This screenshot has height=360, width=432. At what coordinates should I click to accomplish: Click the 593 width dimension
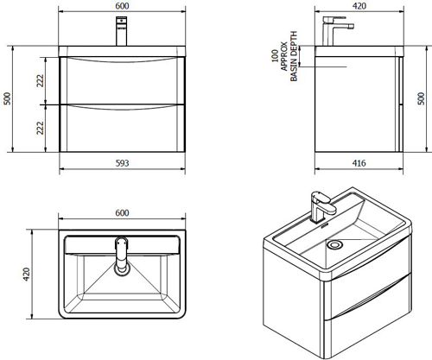point(122,163)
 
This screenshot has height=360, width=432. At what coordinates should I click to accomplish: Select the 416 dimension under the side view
point(359,163)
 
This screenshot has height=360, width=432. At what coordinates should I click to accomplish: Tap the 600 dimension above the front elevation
point(122,6)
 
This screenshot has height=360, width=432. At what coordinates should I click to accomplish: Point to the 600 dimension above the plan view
point(122,213)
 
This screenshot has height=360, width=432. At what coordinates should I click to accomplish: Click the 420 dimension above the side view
point(359,6)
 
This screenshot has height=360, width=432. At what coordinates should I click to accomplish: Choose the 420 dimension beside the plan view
point(27,275)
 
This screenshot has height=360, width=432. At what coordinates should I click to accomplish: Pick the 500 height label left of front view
point(8,98)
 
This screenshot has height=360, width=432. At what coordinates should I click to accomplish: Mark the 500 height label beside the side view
point(421,98)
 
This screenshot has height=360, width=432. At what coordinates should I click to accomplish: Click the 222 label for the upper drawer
point(41,81)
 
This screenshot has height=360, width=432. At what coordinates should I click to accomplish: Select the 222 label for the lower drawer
point(41,128)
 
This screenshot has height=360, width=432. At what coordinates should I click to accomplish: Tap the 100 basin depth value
point(275,56)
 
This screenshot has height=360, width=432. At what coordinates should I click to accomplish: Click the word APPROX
point(284,56)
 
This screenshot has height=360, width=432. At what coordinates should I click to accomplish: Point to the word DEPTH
point(294,41)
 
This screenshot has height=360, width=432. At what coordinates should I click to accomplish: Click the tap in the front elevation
point(121,31)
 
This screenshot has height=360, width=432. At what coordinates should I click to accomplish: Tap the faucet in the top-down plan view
point(122,256)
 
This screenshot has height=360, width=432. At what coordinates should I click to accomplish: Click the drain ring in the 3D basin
point(335,244)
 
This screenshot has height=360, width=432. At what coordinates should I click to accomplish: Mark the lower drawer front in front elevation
point(122,128)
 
